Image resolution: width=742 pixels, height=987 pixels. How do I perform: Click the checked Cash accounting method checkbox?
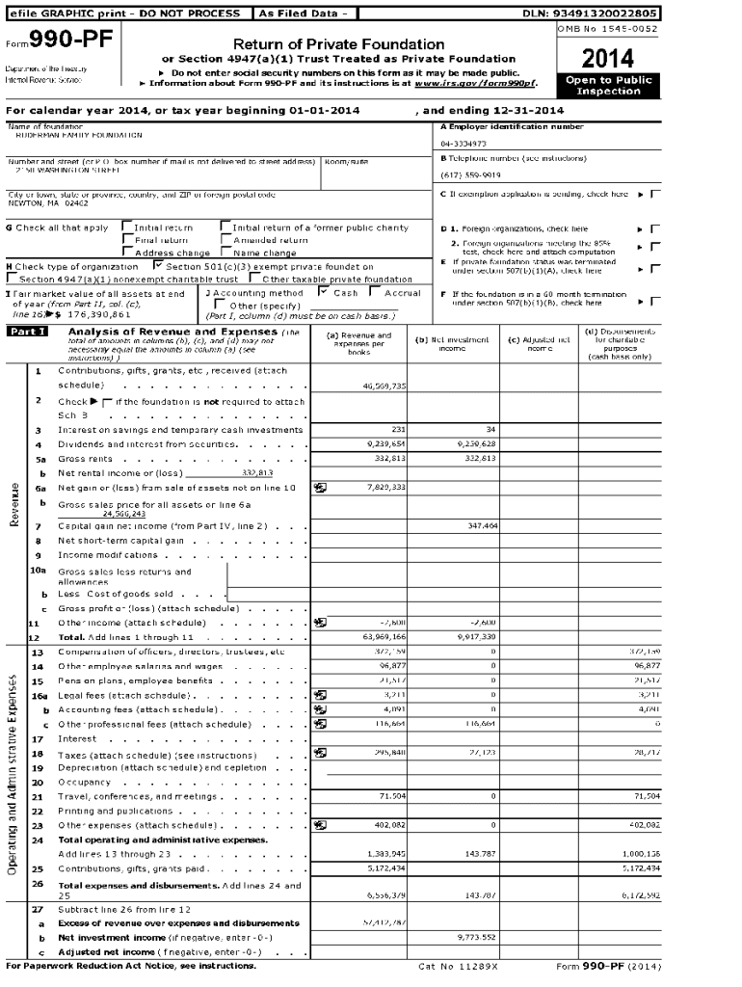(x=324, y=292)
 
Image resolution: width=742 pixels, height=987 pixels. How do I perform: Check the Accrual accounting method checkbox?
(x=377, y=292)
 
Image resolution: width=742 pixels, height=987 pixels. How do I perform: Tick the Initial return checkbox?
(x=126, y=228)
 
